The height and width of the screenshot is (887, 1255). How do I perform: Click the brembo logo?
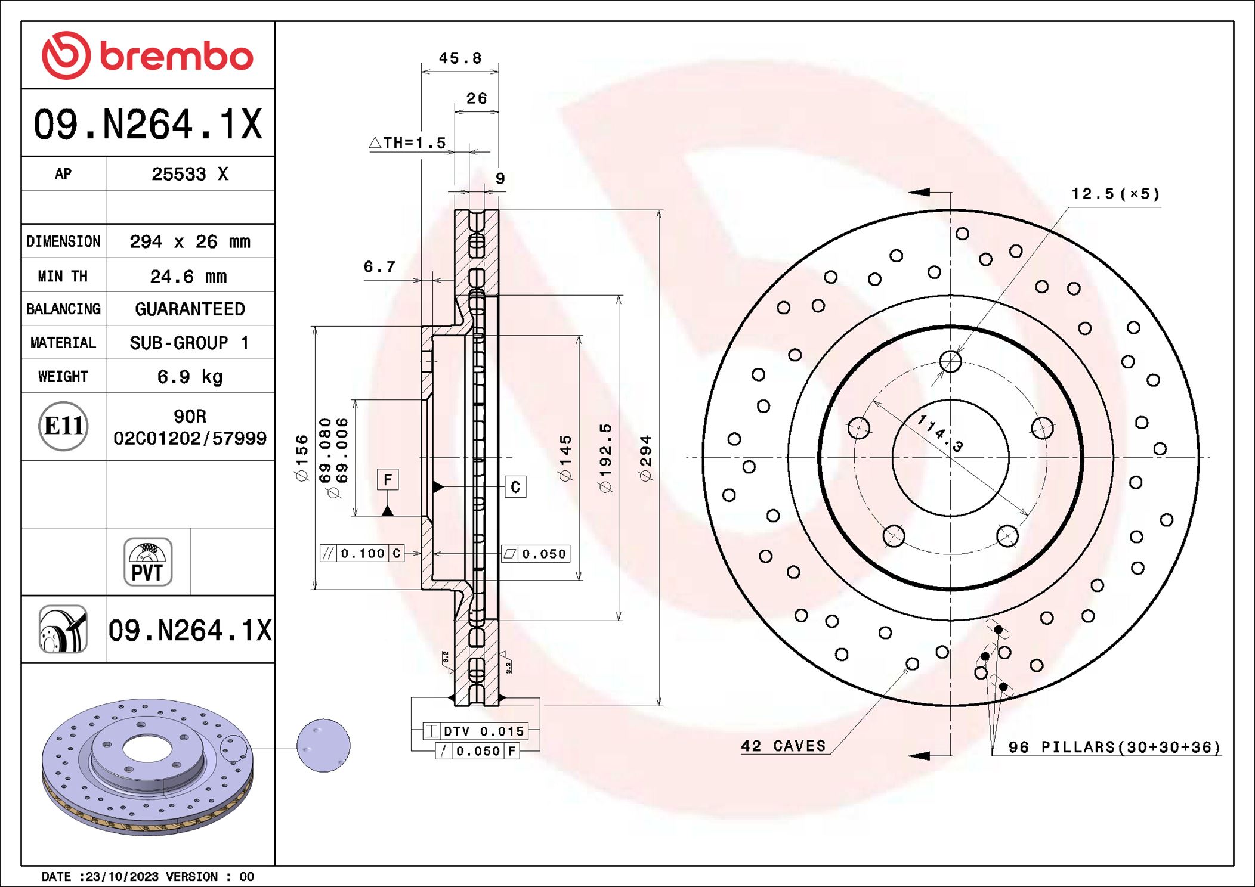tap(147, 55)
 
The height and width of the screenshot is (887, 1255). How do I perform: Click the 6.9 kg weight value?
tap(190, 377)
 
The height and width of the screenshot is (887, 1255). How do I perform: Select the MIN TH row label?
tap(63, 276)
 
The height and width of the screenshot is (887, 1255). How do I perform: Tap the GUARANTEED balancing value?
tap(190, 309)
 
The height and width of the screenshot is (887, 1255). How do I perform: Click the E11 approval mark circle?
tap(63, 426)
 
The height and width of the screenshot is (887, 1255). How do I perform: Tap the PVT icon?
tap(147, 562)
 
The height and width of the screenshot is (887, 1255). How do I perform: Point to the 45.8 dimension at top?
tap(459, 58)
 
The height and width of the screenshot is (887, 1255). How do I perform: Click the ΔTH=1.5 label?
tap(408, 143)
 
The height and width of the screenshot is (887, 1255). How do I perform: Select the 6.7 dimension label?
tap(379, 266)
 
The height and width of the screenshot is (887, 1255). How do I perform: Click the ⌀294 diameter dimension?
tap(645, 458)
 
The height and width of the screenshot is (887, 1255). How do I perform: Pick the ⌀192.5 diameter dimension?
tap(605, 458)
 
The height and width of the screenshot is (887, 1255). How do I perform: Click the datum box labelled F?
tap(388, 480)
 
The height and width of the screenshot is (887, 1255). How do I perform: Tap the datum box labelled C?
tap(515, 487)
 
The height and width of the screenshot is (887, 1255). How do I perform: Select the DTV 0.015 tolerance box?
tap(475, 731)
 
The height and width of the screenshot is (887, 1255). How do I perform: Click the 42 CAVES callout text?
tap(783, 746)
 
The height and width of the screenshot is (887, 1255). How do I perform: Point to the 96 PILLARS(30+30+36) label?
tap(1114, 748)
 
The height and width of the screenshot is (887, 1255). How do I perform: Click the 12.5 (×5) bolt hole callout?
tap(1115, 194)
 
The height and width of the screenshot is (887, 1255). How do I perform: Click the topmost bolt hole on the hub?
tap(950, 361)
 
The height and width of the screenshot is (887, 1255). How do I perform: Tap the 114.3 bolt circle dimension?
tap(940, 433)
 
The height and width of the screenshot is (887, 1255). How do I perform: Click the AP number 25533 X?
tap(190, 174)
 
